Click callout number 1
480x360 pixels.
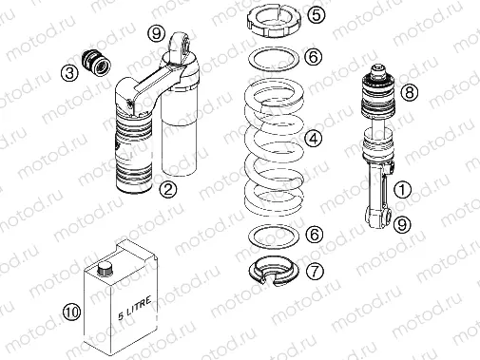[402, 190]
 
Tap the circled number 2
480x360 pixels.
[166, 189]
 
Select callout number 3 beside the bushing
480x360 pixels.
[69, 72]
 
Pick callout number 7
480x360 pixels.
[315, 271]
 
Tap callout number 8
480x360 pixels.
[410, 92]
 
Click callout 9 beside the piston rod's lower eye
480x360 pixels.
[403, 225]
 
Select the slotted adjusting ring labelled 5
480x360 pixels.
[275, 20]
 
